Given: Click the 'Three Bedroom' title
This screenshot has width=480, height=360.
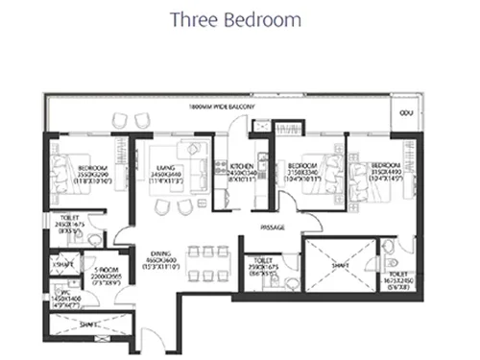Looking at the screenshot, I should (x=235, y=19).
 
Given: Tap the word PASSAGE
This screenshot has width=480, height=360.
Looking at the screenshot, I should (x=275, y=228).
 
